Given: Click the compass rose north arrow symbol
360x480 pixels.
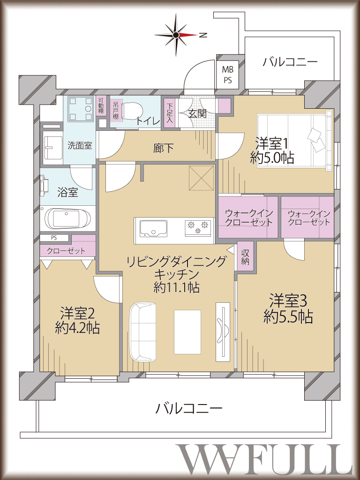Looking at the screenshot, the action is coord(176,35).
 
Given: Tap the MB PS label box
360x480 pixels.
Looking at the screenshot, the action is coord(227,75).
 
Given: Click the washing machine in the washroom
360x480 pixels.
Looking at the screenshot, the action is coord(80,109).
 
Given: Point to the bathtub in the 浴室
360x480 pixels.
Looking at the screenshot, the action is coord(68,219).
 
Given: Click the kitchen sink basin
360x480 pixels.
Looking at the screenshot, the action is coord(154,228).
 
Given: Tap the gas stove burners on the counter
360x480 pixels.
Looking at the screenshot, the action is coord(198,227).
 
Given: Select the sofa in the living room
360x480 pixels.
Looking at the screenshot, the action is coord(142,332).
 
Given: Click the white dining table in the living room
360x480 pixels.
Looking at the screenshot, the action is coord(187,332).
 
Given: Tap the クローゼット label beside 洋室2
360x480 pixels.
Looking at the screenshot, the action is coord(66,251).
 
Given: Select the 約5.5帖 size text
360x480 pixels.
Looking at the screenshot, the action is coord(288,317).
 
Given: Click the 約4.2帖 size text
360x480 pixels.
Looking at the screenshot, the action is coord(77,328).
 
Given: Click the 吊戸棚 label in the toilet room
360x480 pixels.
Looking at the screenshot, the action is coord(115,110).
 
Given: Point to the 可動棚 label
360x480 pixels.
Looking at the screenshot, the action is coord(100,106).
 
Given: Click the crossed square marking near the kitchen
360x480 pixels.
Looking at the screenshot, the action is coord(202,178).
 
